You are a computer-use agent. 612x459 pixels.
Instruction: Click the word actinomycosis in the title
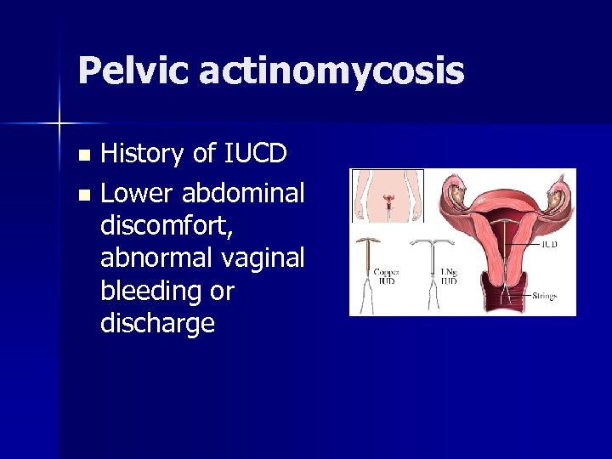[x=331, y=71]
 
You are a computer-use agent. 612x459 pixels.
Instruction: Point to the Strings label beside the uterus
[x=544, y=297]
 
